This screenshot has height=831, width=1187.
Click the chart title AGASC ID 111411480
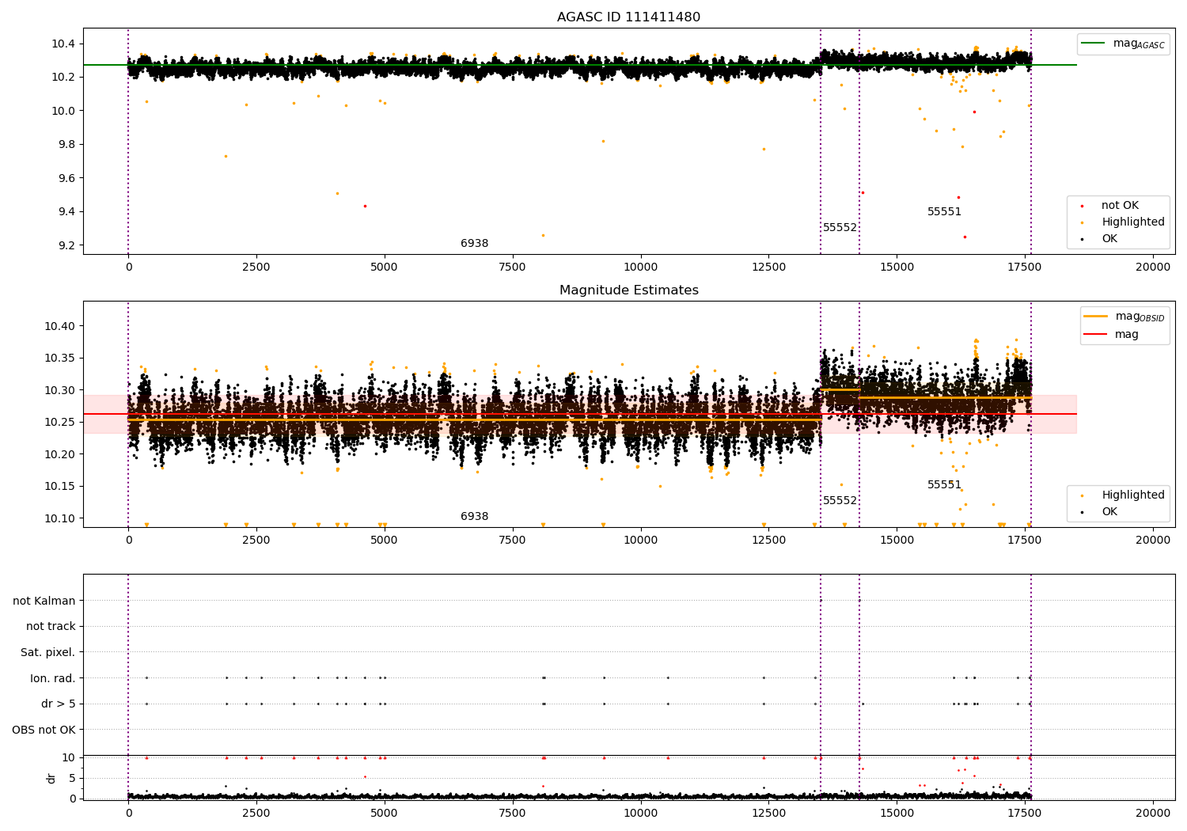coord(628,17)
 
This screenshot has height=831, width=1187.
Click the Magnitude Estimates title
coord(628,290)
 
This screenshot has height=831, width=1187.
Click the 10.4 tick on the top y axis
coord(63,44)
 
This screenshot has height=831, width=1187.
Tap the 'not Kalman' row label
coord(44,601)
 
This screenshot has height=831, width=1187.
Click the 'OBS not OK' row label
coord(44,730)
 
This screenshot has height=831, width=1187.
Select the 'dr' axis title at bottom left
coord(51,778)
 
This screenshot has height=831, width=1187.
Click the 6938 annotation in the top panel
coord(474,244)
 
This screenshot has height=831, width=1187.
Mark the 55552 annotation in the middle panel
coord(840,501)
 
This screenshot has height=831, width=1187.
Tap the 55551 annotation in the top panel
coord(944,212)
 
